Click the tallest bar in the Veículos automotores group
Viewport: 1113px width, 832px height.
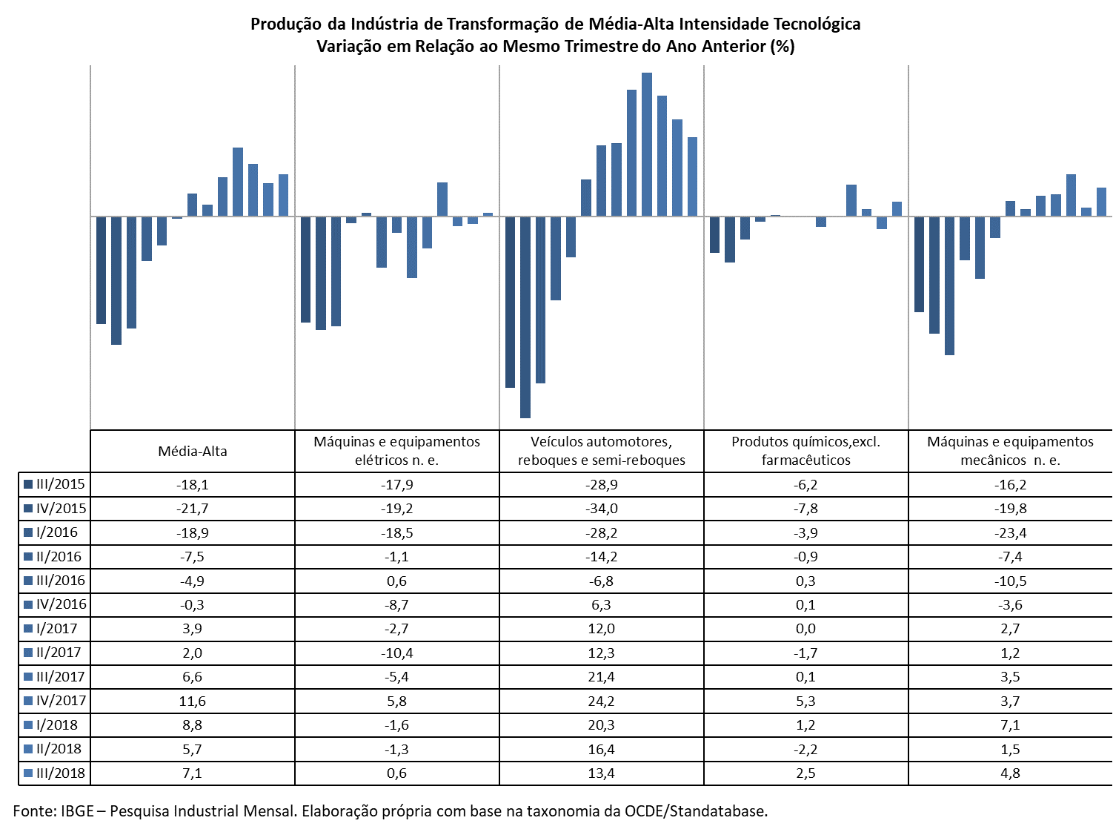point(646,144)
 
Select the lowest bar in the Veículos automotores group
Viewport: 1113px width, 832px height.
point(525,317)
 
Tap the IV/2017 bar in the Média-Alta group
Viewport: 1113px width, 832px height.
point(238,182)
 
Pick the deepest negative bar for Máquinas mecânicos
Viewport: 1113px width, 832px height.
point(949,285)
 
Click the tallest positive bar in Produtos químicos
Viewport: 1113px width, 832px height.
point(851,200)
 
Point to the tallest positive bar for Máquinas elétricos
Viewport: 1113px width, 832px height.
point(442,199)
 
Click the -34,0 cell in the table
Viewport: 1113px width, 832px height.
point(602,509)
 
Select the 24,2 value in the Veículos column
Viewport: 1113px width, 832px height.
point(602,701)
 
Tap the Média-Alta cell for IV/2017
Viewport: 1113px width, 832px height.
point(192,701)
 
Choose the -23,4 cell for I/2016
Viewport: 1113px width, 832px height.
point(1010,532)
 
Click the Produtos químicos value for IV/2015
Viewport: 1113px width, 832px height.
point(805,509)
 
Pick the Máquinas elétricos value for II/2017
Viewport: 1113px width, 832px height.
point(396,653)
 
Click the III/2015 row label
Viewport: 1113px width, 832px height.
point(60,484)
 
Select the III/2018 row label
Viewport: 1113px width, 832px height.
point(60,773)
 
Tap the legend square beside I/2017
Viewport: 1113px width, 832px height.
point(28,629)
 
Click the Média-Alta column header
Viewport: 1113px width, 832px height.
point(192,451)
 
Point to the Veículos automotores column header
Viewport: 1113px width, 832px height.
point(602,451)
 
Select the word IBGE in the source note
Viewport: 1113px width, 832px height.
point(77,811)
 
